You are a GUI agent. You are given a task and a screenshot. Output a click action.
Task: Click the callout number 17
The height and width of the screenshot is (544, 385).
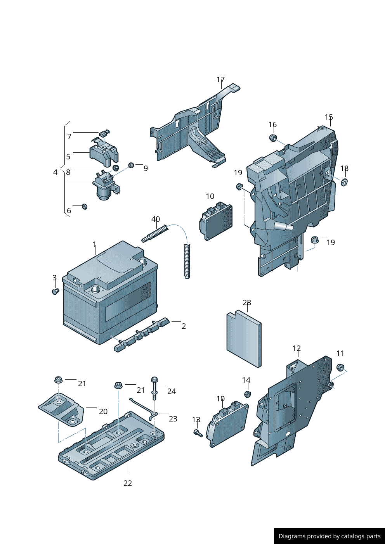tap(220, 79)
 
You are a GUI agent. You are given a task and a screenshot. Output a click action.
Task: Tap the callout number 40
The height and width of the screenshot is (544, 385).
tap(156, 219)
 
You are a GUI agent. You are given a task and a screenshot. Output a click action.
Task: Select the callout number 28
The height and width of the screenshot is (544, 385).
tap(247, 302)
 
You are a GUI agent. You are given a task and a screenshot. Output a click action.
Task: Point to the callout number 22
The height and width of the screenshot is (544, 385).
tap(128, 483)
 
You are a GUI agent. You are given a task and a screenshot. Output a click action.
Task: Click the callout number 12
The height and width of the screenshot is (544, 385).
tap(297, 349)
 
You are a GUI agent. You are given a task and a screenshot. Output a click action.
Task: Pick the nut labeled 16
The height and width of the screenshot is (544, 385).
tap(273, 138)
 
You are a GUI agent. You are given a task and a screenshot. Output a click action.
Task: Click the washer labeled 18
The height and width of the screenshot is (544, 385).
tap(344, 182)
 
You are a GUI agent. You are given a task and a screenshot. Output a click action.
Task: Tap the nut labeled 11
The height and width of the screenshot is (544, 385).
tap(340, 367)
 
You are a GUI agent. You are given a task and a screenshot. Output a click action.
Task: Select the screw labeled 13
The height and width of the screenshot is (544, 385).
tap(198, 433)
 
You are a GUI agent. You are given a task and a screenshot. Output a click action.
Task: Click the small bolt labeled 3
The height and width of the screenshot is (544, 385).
tap(55, 291)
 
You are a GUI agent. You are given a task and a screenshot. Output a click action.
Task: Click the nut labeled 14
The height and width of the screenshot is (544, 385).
tap(247, 394)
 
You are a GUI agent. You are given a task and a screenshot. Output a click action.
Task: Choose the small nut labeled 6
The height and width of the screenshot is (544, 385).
tap(85, 207)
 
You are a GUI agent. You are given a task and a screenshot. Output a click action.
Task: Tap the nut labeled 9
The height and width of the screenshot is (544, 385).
tap(131, 165)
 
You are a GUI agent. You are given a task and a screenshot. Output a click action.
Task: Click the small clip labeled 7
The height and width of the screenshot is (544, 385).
tap(104, 133)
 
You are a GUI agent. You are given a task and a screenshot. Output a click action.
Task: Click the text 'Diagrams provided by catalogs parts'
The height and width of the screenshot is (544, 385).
tap(330, 536)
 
